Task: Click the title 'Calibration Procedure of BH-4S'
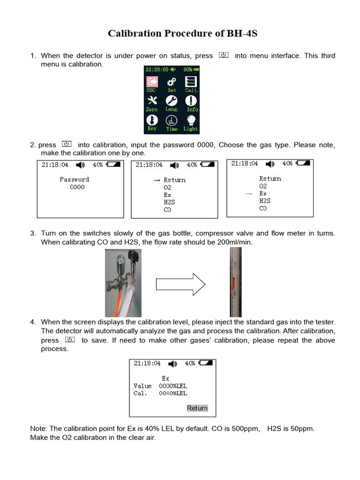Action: [x=183, y=33]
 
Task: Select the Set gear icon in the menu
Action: [x=172, y=82]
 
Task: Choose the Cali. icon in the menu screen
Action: [x=191, y=82]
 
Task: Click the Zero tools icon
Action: [x=152, y=101]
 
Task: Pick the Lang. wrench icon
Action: [x=172, y=101]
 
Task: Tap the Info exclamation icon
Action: [x=192, y=101]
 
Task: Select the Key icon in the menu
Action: [x=152, y=120]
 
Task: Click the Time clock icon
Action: [x=172, y=120]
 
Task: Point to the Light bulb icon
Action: [x=191, y=120]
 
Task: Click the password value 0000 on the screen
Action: [x=77, y=187]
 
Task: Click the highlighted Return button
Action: [x=197, y=408]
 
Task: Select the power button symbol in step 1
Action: [x=224, y=55]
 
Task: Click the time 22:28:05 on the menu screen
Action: [x=157, y=69]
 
